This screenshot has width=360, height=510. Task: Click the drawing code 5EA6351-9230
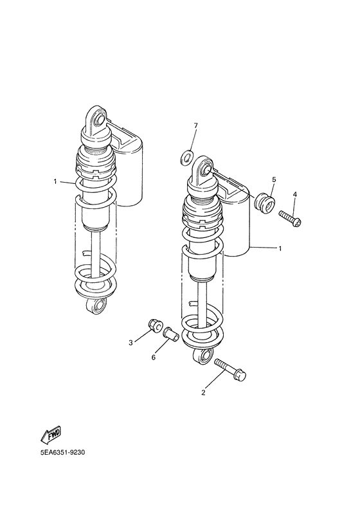tap(62, 451)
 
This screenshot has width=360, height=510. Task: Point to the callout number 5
tap(273, 179)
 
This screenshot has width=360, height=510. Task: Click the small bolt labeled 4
tap(290, 219)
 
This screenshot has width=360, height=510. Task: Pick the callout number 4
tap(295, 194)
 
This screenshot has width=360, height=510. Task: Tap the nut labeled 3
tap(154, 325)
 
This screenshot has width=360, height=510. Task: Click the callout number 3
tap(130, 343)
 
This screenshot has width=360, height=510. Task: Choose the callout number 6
tap(154, 358)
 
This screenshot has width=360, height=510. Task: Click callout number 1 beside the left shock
tap(56, 181)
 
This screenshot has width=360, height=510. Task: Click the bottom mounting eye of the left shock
tap(97, 305)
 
